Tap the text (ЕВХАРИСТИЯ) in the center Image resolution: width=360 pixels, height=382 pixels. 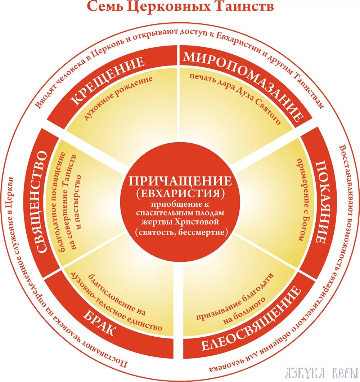click(180, 193)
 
